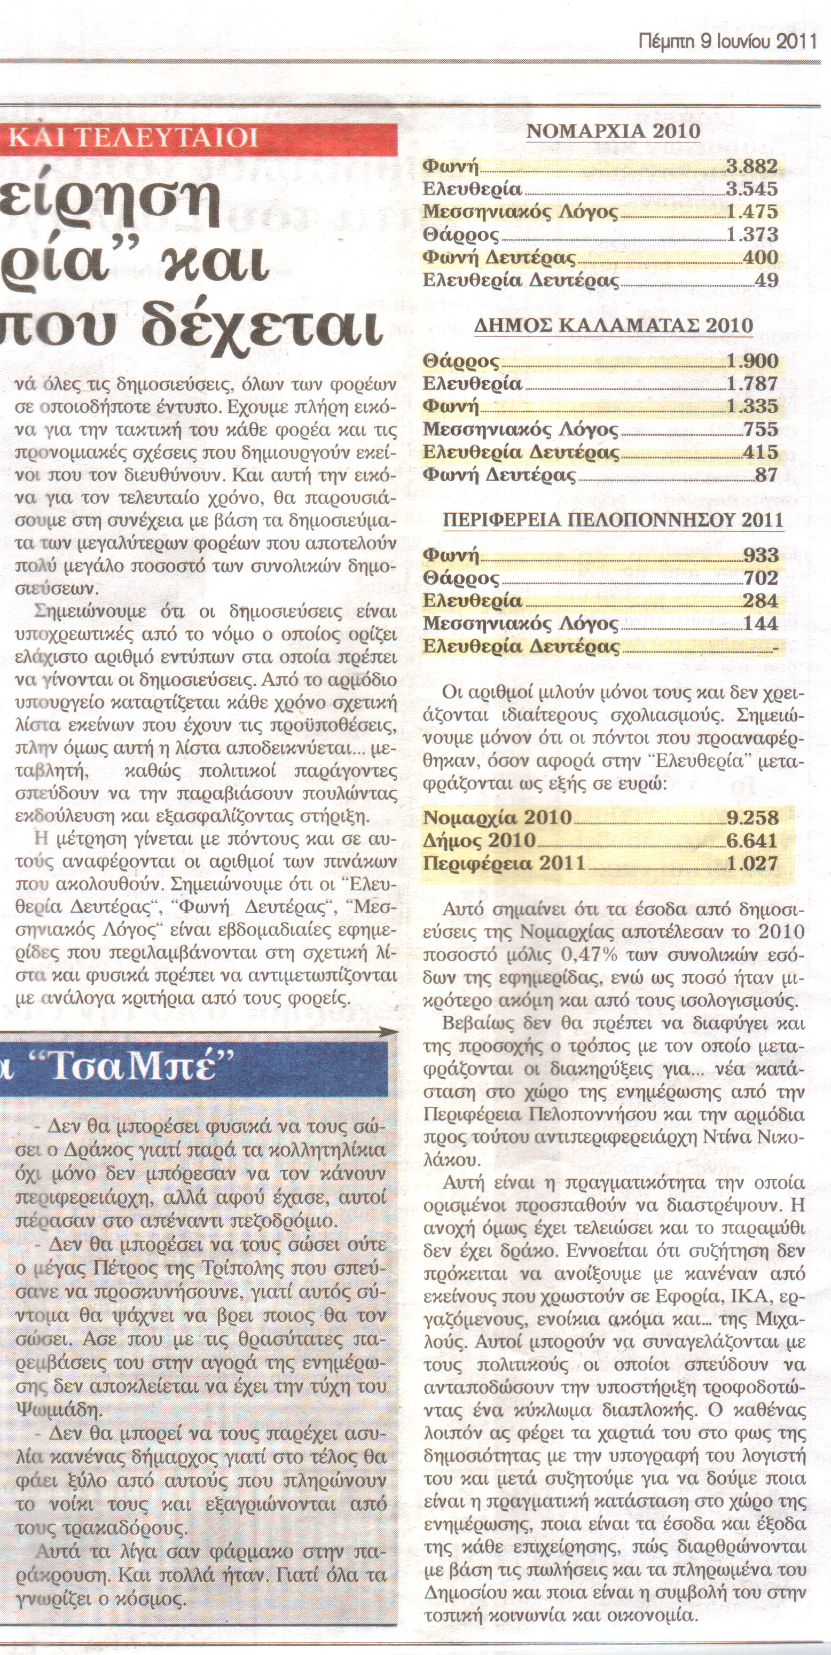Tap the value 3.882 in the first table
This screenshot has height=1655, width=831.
pyautogui.click(x=752, y=167)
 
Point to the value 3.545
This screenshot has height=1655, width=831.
pyautogui.click(x=752, y=190)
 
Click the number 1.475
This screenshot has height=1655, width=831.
pyautogui.click(x=752, y=212)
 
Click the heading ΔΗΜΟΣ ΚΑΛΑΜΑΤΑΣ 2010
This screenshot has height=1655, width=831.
pyautogui.click(x=613, y=326)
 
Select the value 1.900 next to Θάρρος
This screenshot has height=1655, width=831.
pyautogui.click(x=752, y=361)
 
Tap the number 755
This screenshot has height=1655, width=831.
pyautogui.click(x=761, y=429)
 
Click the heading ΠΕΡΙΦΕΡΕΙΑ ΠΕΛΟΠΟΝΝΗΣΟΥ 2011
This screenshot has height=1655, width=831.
pyautogui.click(x=613, y=520)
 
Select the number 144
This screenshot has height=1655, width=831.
pyautogui.click(x=761, y=623)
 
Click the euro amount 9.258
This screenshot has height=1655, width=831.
pyautogui.click(x=752, y=818)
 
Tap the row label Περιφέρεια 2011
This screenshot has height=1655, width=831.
pyautogui.click(x=504, y=863)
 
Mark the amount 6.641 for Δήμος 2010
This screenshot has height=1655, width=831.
pyautogui.click(x=752, y=841)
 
